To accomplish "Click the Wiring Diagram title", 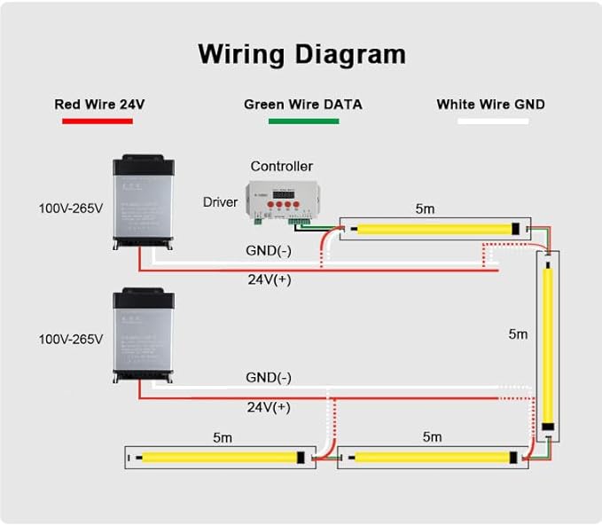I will (x=301, y=53).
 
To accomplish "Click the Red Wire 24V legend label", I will (x=99, y=104).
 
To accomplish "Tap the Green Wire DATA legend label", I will (x=303, y=104).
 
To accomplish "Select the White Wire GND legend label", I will (x=490, y=104).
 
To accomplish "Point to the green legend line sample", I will (x=303, y=121).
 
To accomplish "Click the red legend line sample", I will (x=99, y=121).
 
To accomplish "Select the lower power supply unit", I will (x=145, y=335).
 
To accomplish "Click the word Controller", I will (x=281, y=166).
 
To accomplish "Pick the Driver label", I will (x=220, y=202).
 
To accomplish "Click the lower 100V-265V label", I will (x=70, y=339).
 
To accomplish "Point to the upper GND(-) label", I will (x=269, y=250).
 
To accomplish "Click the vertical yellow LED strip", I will (x=550, y=346).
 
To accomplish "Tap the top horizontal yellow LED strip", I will (x=434, y=228).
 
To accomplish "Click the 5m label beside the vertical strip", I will (x=519, y=334).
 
